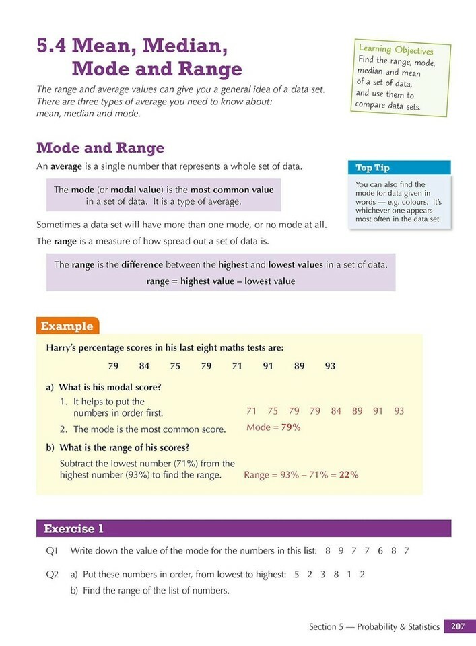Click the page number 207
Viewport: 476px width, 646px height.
tap(459, 626)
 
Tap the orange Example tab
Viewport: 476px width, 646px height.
tap(67, 326)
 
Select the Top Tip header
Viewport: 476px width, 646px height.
tap(372, 168)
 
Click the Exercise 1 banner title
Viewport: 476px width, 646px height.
tap(74, 528)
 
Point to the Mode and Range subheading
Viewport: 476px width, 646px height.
tap(100, 148)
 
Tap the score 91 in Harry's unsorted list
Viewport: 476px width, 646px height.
tap(269, 366)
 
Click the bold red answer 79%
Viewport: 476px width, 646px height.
tap(290, 427)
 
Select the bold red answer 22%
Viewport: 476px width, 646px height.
tap(348, 474)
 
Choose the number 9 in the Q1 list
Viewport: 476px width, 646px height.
tap(341, 550)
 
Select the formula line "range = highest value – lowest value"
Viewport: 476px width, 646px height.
tap(221, 281)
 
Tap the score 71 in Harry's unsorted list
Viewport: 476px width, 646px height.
tap(236, 366)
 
